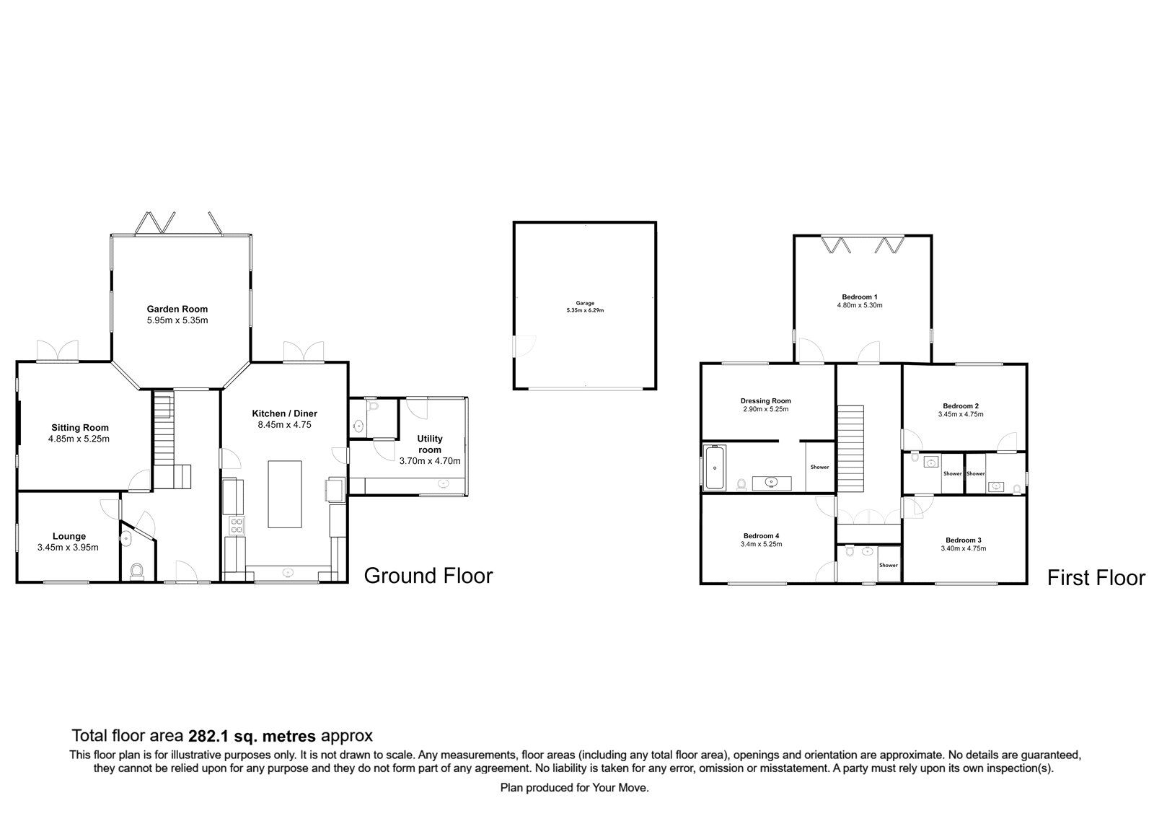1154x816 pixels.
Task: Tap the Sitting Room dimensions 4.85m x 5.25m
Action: point(79,439)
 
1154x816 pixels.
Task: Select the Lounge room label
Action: point(69,536)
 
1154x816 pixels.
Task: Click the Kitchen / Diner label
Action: point(284,413)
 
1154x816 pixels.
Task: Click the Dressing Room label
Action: point(765,400)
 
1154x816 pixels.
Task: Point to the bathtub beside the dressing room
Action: point(715,468)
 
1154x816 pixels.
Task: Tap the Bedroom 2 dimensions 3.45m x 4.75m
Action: point(960,414)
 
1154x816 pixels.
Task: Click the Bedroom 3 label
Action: point(963,540)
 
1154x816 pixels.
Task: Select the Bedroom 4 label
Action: point(761,535)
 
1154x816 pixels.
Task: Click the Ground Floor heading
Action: point(428,576)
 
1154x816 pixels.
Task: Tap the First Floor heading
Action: point(1095,578)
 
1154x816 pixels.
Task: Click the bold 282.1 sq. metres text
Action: point(252,736)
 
